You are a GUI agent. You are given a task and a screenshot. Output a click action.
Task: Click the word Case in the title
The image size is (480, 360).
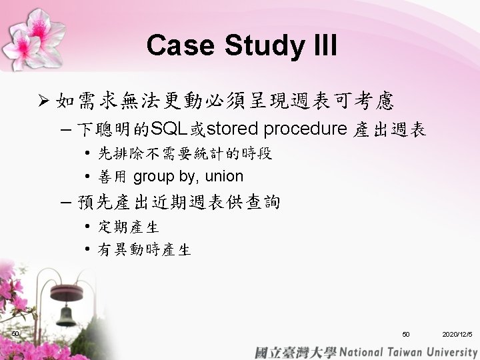click(x=180, y=45)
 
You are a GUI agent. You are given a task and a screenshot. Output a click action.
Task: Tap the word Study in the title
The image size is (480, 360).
click(x=265, y=47)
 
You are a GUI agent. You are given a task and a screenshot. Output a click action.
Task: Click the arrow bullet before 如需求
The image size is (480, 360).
click(x=44, y=101)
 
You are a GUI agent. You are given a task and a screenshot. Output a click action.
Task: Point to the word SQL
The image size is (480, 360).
click(x=169, y=129)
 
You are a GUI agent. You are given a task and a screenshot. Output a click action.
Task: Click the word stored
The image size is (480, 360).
click(x=232, y=129)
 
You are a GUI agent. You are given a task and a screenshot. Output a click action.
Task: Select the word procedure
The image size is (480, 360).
click(x=305, y=130)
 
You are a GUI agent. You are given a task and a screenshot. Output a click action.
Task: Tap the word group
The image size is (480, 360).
click(x=154, y=177)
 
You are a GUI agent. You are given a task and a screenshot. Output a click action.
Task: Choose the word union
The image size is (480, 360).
click(x=225, y=176)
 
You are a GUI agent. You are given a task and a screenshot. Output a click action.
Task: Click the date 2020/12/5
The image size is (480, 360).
click(x=457, y=334)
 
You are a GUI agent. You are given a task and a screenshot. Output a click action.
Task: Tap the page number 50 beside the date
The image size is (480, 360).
click(x=406, y=334)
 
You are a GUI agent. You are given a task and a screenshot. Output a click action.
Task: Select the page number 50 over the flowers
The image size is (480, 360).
click(x=15, y=333)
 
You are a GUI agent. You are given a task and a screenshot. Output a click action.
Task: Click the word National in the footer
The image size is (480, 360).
click(x=361, y=353)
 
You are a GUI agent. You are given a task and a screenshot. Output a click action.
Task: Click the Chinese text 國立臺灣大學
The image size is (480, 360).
click(x=296, y=353)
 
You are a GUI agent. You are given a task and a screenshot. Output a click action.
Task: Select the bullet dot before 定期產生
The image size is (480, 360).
click(x=87, y=226)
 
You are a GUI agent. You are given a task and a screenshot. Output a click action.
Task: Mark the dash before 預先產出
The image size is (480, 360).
click(x=66, y=203)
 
